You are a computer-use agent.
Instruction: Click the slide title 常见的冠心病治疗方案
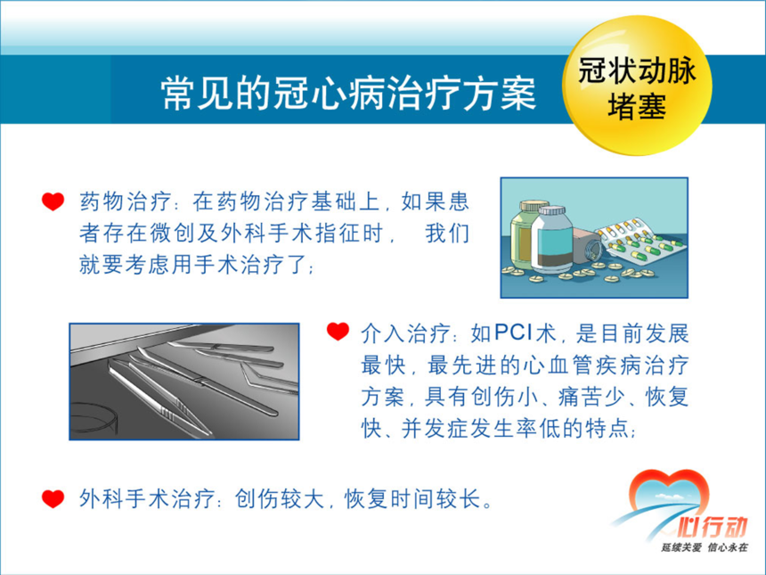point(349,93)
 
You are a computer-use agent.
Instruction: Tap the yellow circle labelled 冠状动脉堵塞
point(637,85)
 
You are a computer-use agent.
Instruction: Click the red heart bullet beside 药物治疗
point(53,201)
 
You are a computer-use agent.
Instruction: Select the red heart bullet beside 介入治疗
point(338,332)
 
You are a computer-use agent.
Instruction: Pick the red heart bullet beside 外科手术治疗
point(53,498)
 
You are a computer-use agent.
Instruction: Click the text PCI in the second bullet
point(513,333)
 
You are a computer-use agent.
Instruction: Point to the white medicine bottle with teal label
point(551,240)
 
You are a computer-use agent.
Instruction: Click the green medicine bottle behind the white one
point(524,234)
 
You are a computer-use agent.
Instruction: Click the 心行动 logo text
point(713,528)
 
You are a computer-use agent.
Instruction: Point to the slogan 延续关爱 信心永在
point(705,547)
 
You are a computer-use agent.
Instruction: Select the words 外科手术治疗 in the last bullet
point(147,499)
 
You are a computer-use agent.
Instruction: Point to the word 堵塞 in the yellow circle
point(637,106)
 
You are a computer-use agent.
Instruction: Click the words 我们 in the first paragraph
point(447,234)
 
